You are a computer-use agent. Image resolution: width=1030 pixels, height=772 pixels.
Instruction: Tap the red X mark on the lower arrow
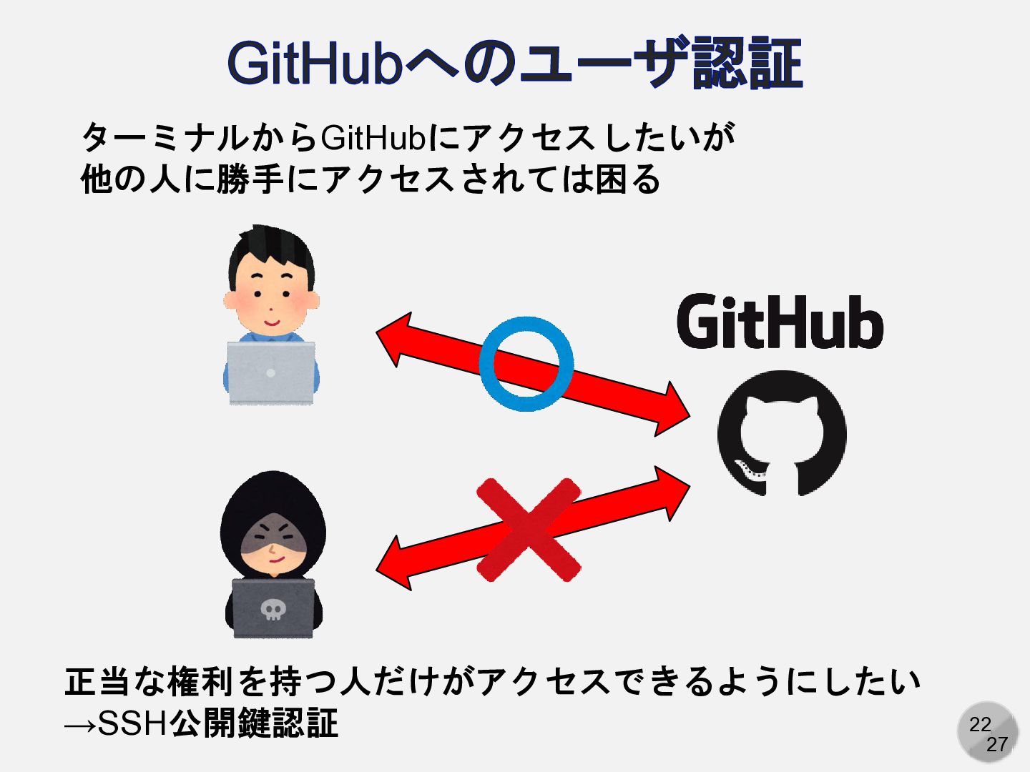point(529,529)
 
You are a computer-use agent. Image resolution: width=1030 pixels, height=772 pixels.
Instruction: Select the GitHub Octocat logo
point(782,433)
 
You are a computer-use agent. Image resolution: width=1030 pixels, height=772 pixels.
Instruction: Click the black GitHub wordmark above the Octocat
point(780,322)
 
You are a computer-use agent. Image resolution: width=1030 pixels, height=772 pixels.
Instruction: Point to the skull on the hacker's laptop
point(273,609)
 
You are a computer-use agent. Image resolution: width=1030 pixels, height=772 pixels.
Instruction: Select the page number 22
point(980,724)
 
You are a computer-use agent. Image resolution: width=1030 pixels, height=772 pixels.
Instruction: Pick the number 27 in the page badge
point(997,744)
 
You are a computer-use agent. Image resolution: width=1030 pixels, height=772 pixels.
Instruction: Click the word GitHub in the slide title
point(314,64)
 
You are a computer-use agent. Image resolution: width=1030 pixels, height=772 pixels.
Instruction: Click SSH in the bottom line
point(132,723)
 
